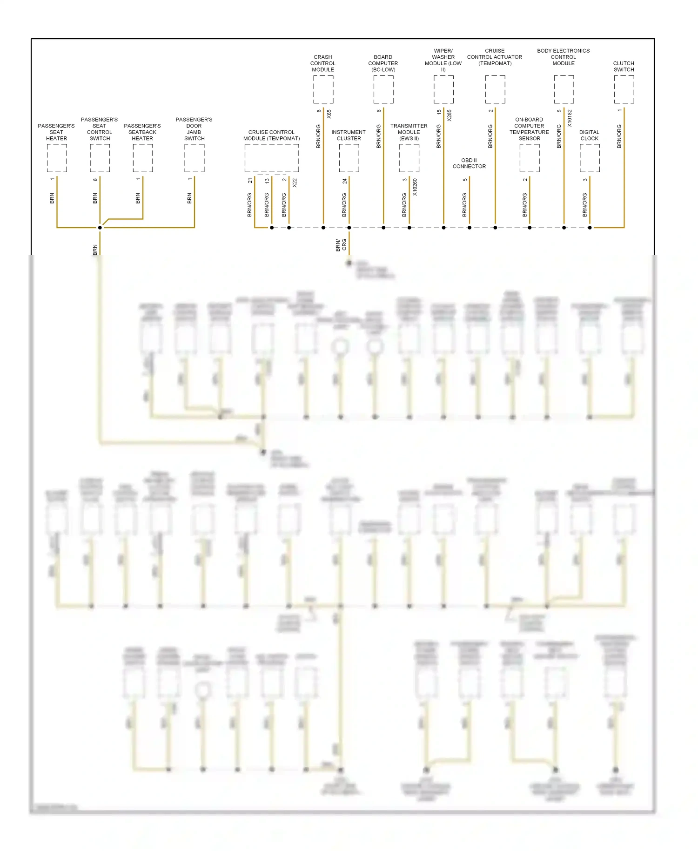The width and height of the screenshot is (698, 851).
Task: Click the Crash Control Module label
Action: pyautogui.click(x=323, y=63)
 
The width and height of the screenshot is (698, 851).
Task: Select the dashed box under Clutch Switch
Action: pyautogui.click(x=624, y=89)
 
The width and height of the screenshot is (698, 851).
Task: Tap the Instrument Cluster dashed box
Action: pyautogui.click(x=349, y=158)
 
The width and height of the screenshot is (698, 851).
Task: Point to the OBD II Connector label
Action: pyautogui.click(x=469, y=163)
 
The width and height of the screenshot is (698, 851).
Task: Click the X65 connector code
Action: pyautogui.click(x=329, y=114)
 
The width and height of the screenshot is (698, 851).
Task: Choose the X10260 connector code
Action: pyautogui.click(x=415, y=187)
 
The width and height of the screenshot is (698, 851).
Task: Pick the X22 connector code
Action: pyautogui.click(x=295, y=183)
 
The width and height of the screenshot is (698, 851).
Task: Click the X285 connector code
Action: pyautogui.click(x=450, y=115)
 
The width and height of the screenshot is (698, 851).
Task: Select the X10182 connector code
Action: pyautogui.click(x=570, y=118)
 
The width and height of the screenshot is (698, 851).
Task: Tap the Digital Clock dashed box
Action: pyautogui.click(x=589, y=158)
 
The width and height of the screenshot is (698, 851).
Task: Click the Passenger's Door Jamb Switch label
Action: pyautogui.click(x=194, y=129)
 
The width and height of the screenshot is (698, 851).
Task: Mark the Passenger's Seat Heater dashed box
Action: pyautogui.click(x=57, y=158)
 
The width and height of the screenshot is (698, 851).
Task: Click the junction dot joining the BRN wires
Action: pyautogui.click(x=100, y=228)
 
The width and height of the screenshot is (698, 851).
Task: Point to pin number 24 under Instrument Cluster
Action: pyautogui.click(x=344, y=181)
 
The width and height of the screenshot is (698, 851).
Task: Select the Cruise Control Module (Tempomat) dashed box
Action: pyautogui.click(x=272, y=158)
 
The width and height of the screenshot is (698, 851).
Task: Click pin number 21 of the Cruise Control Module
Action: pyautogui.click(x=250, y=181)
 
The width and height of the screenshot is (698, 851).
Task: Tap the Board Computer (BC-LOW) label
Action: pyautogui.click(x=383, y=63)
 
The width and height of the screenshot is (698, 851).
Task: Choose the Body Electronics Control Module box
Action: pyautogui.click(x=564, y=89)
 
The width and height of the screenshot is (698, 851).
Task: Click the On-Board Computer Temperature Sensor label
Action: pyautogui.click(x=529, y=129)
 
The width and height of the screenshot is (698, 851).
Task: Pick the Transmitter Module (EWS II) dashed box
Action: pyautogui.click(x=409, y=158)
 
